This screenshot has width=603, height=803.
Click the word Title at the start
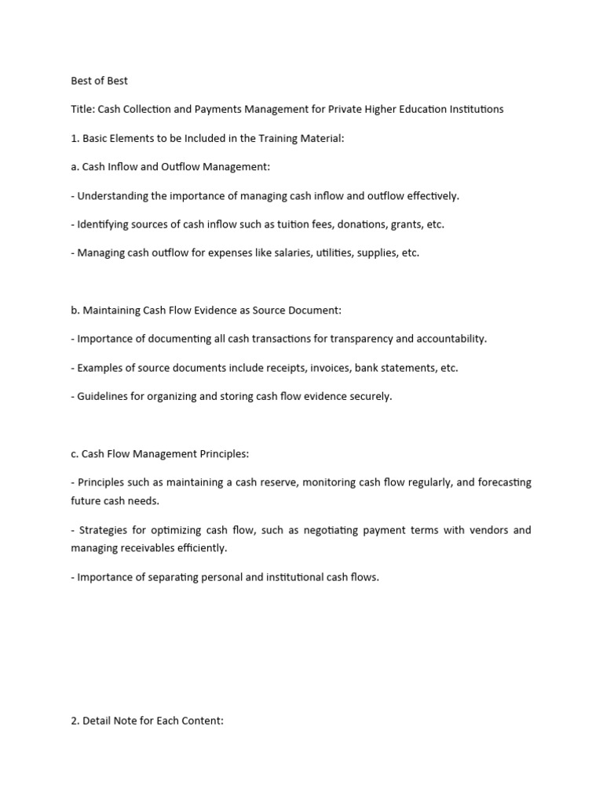click(x=82, y=109)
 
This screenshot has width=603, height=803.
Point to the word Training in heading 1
click(x=262, y=138)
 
